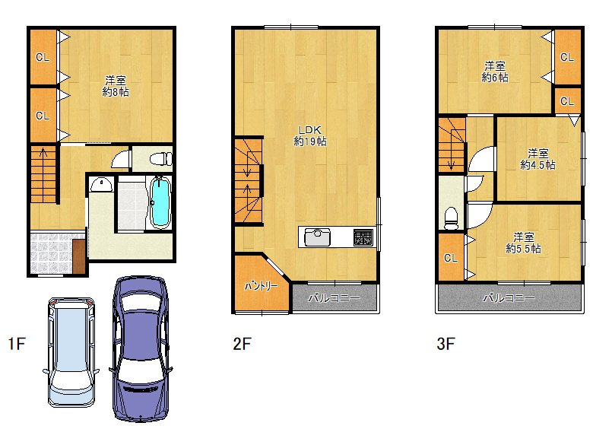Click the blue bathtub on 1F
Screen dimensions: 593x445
click(x=160, y=202)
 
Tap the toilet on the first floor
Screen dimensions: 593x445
click(x=161, y=158)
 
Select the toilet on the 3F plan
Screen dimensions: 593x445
click(x=451, y=218)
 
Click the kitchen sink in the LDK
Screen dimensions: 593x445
click(x=317, y=237)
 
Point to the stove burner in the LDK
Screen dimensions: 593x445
click(x=363, y=237)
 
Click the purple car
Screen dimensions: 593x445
click(x=141, y=348)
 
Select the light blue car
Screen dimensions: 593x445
click(x=71, y=352)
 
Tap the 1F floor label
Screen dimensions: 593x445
click(x=17, y=344)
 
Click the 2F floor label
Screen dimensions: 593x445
click(x=242, y=344)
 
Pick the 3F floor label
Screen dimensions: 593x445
click(x=446, y=344)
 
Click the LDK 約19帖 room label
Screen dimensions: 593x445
click(x=310, y=135)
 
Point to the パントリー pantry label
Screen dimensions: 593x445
click(x=261, y=286)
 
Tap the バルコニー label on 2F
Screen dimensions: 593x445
click(x=335, y=298)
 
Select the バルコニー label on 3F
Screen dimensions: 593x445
click(x=509, y=298)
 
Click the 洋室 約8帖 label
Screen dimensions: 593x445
click(x=116, y=86)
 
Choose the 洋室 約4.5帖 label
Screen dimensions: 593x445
click(x=538, y=159)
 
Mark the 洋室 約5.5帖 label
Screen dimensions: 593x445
click(x=523, y=243)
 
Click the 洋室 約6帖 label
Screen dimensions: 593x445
click(x=495, y=72)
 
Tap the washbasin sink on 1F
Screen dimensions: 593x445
click(x=101, y=185)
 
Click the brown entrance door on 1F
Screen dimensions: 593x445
click(x=79, y=256)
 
